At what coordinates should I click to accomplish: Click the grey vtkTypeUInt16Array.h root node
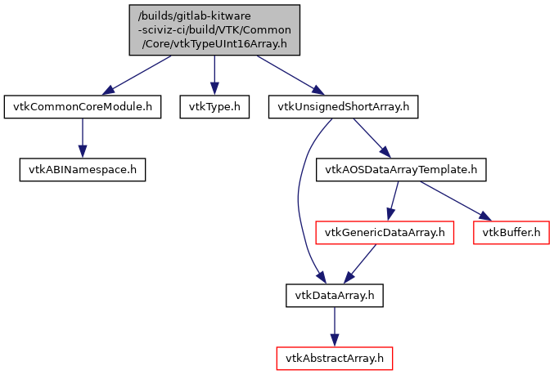tap(214, 30)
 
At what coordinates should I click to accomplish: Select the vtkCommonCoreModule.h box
tap(82, 106)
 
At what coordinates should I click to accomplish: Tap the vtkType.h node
tap(214, 106)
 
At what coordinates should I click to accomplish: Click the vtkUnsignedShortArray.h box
tap(344, 106)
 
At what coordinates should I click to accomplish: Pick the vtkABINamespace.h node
tap(82, 170)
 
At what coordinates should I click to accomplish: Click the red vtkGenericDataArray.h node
tap(385, 233)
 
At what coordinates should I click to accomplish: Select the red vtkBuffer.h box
tap(511, 233)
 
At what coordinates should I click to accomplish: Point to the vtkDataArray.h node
tap(333, 295)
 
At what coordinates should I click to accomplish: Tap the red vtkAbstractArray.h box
tap(333, 358)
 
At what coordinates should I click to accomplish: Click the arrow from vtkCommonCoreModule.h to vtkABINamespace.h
tap(82, 138)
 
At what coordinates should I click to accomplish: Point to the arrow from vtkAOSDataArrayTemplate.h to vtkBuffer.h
tap(454, 200)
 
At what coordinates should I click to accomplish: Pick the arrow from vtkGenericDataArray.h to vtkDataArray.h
tap(360, 264)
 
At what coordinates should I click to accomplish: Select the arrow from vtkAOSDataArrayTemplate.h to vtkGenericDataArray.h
tap(394, 201)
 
